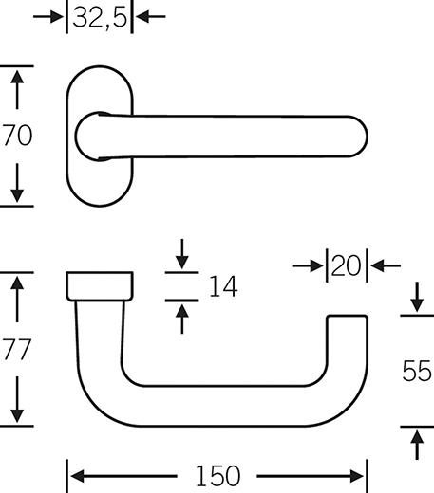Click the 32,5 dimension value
(x=100, y=17)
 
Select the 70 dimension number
(x=17, y=136)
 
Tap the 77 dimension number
(x=17, y=349)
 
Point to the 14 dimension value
(x=223, y=286)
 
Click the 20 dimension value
(x=346, y=265)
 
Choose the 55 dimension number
(x=417, y=371)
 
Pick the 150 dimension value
(x=217, y=476)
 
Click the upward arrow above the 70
(x=17, y=90)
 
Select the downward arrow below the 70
(x=17, y=183)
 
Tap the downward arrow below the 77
(x=17, y=399)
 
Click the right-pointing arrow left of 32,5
(x=48, y=16)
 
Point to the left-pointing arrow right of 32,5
(x=151, y=16)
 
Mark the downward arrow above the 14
(x=182, y=254)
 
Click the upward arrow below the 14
(x=182, y=320)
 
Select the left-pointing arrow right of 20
(x=386, y=265)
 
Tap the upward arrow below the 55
(x=417, y=445)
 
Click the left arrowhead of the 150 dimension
(x=77, y=476)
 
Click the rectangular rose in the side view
(x=100, y=286)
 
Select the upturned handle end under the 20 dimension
(x=347, y=341)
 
